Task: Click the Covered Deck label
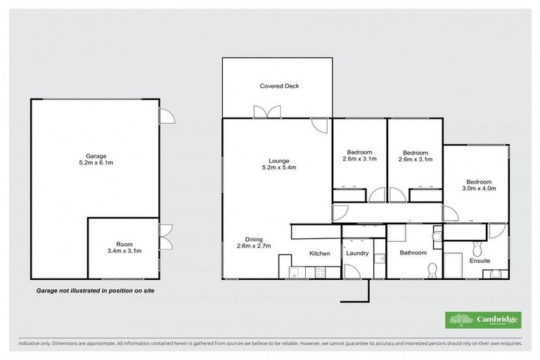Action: pos(279,86)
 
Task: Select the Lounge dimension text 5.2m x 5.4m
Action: pos(279,167)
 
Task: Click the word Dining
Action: pos(254,238)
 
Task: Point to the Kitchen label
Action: pos(320,253)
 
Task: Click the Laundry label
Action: pos(357,253)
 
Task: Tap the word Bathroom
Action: pos(413,253)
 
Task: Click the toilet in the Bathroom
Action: pos(433,269)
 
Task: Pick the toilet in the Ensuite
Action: pos(477,247)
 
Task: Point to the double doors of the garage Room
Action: pos(165,237)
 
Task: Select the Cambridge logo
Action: pos(484,319)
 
